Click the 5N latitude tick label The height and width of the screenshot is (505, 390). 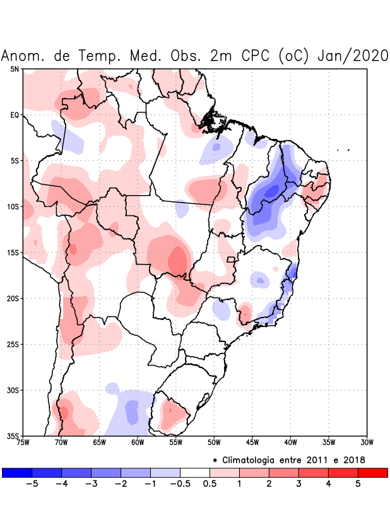click(15, 69)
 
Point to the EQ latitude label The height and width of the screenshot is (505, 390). click(15, 115)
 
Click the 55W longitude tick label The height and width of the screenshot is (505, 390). click(176, 442)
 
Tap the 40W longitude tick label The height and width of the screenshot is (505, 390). click(291, 442)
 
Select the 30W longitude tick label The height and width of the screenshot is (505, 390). click(367, 442)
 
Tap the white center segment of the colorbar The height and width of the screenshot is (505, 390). click(194, 472)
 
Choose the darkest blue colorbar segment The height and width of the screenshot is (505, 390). click(17, 472)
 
